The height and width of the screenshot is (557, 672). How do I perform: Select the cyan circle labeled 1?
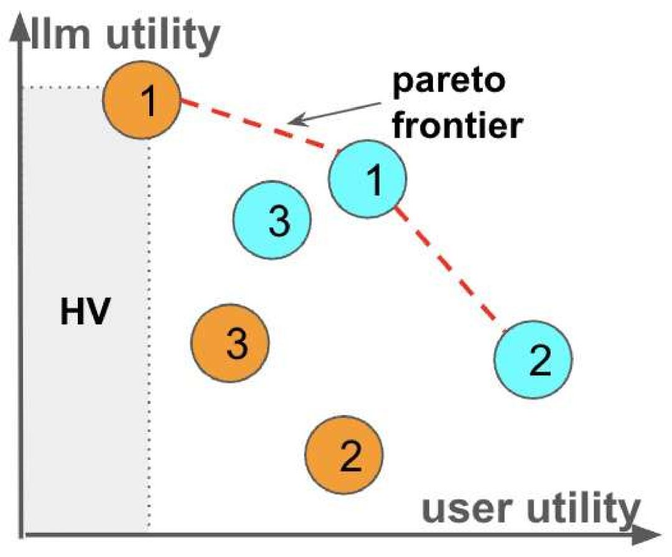coord(367,179)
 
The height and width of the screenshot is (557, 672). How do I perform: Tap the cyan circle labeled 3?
coord(272,220)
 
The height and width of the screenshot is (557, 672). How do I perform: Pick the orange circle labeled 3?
coord(230,343)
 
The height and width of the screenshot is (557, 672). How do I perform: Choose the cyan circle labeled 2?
coord(533,360)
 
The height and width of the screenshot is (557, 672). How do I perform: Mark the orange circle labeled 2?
coord(345,456)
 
